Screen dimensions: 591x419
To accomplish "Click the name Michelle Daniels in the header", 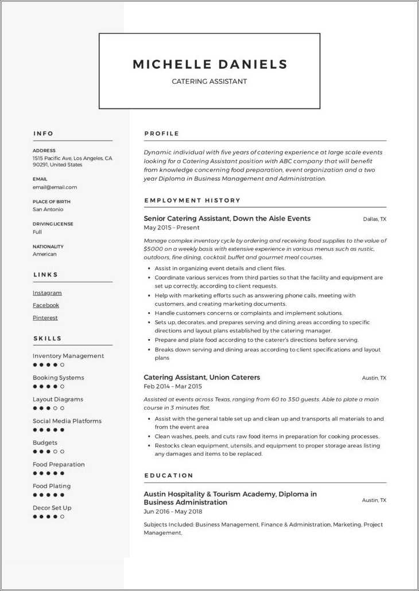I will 209,64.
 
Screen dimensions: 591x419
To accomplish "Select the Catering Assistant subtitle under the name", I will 209,81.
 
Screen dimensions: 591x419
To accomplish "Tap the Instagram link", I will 47,293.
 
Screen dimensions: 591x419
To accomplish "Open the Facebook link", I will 46,305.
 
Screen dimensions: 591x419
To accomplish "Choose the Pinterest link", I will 45,318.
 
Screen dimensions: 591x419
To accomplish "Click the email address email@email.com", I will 55,187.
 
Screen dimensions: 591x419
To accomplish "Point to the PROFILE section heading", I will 162,134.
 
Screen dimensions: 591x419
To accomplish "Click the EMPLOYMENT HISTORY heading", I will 192,200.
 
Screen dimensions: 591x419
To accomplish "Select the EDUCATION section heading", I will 169,476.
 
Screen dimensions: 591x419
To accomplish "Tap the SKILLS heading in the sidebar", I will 48,339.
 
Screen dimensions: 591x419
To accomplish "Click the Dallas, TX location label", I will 375,219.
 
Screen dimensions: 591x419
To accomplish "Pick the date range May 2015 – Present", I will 172,228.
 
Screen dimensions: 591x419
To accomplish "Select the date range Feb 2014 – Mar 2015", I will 173,387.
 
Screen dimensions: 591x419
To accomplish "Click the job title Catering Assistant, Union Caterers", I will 201,378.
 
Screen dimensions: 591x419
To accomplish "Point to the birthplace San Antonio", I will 48,209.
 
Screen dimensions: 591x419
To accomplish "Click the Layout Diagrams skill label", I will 58,399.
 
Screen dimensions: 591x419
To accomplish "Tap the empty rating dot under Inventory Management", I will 63,365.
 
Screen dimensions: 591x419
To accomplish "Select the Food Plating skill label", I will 52,486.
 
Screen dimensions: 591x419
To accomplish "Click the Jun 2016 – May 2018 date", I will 173,512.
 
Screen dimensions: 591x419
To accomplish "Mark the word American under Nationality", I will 45,254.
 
